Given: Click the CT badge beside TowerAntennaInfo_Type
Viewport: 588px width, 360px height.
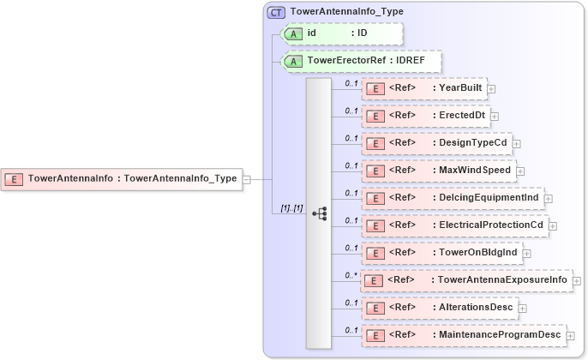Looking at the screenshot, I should coord(277,12).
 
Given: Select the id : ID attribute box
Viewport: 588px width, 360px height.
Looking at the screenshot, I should coord(342,33).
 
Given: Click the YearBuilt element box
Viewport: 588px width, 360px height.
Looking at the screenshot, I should coord(423,87).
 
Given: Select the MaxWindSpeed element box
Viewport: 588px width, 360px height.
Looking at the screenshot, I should coord(438,170).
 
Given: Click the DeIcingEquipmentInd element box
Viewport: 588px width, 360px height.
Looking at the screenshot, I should coord(452,198).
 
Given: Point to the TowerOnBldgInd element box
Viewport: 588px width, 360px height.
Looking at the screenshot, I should coord(441,253).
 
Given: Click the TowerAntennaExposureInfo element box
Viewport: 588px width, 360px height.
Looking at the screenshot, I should coord(466,280).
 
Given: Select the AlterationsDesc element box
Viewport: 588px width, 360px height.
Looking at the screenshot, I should coord(438,307).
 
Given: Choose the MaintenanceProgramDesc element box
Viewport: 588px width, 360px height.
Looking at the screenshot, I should coord(463,334).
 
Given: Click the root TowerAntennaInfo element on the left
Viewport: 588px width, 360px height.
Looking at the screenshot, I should coord(121,179).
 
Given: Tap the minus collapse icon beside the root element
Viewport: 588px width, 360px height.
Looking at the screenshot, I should coord(247,179).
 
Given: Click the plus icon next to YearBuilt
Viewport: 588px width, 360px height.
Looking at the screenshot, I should coord(492,88).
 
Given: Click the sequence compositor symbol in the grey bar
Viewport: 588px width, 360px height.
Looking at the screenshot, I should coord(320,212).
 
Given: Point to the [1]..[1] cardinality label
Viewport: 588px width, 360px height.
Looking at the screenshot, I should coord(291,208).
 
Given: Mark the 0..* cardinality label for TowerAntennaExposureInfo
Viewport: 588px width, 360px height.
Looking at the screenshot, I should coord(351,275).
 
